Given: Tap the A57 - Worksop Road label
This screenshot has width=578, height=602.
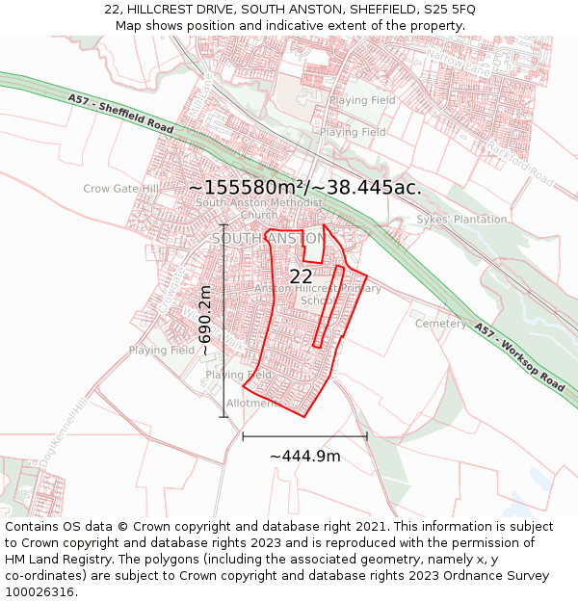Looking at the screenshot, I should (x=519, y=356).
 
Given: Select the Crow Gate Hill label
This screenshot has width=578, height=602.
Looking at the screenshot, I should (x=121, y=189).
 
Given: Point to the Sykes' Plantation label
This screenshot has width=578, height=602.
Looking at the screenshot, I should (x=461, y=220).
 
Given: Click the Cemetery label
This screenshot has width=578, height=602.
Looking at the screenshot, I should (x=440, y=324).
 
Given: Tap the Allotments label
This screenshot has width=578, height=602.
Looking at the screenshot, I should (x=252, y=404).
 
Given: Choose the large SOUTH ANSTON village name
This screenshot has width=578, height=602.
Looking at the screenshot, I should (x=268, y=238).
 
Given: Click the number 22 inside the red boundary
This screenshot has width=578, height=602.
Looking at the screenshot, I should (x=301, y=276).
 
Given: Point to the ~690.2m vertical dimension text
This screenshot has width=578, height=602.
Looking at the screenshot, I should (x=205, y=321).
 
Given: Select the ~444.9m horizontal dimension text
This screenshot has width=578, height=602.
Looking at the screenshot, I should (x=304, y=456).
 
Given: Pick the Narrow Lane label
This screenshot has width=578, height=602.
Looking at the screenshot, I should (x=460, y=64).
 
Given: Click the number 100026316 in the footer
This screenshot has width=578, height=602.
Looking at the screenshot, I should (x=40, y=592).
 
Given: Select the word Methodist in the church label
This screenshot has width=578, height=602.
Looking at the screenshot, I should (x=292, y=203).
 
